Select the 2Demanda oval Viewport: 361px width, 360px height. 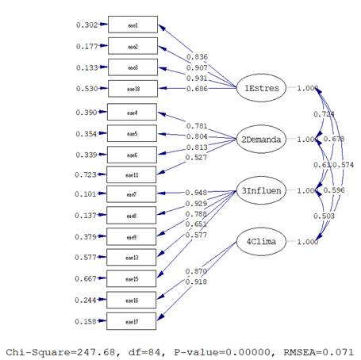(261, 140)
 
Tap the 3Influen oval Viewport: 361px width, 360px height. (261, 191)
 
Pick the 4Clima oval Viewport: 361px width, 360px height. (261, 243)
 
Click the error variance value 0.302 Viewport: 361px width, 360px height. (87, 25)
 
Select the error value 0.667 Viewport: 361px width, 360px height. (87, 279)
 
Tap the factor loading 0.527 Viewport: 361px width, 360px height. (197, 157)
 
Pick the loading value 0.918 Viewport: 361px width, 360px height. (197, 282)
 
